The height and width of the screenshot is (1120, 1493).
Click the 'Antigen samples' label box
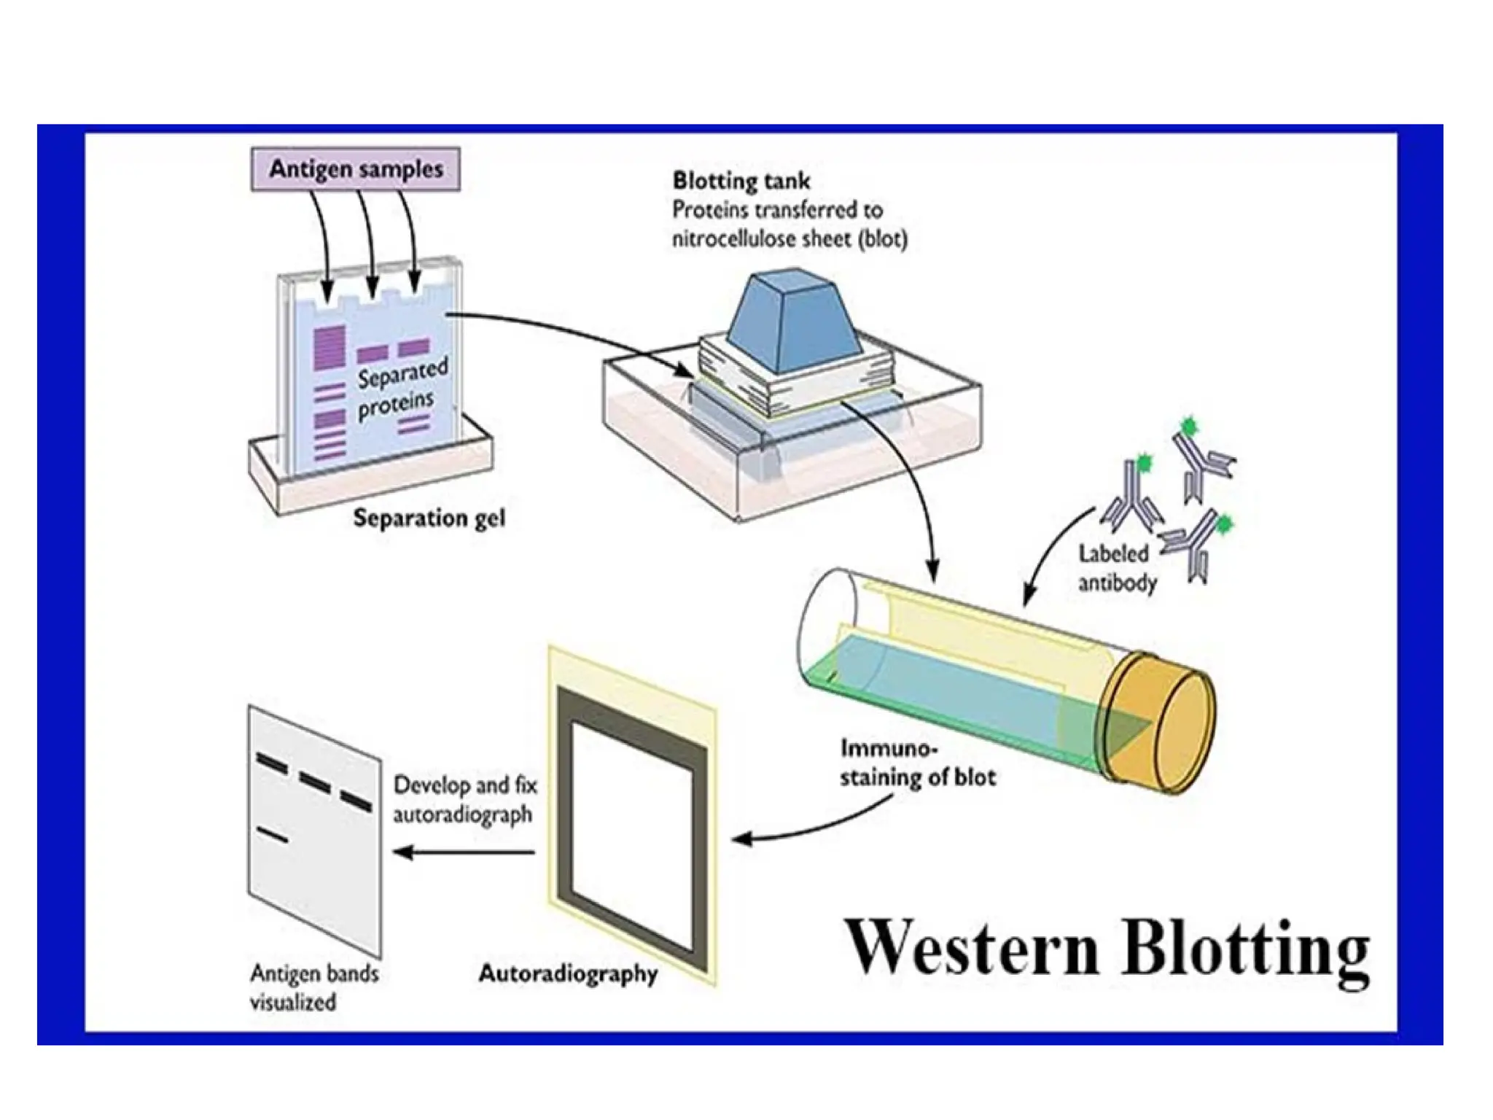coord(356,169)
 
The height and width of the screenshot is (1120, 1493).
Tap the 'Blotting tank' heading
coord(741,180)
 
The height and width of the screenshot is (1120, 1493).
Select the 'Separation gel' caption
coord(429,518)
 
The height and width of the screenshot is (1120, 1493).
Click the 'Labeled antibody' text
coord(1117,568)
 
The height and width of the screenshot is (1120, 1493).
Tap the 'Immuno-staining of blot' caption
coord(916,763)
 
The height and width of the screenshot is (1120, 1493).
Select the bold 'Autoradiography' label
coord(568,973)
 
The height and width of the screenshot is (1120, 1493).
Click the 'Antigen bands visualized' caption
coord(313,987)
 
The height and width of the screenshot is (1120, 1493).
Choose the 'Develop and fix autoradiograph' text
coord(464,799)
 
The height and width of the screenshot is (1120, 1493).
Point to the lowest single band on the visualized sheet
coord(272,835)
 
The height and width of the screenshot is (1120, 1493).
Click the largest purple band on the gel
coord(330,347)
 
